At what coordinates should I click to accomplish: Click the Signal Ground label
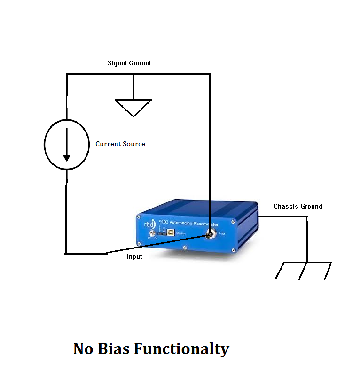(x=129, y=63)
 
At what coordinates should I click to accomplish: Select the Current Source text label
(x=120, y=144)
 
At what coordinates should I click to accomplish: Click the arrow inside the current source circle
(x=67, y=144)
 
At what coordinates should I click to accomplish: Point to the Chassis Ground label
(x=298, y=206)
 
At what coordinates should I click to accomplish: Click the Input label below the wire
(x=134, y=257)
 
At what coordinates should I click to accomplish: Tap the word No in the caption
(x=84, y=349)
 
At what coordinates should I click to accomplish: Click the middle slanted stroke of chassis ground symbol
(x=303, y=271)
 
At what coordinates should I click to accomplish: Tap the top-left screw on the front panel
(x=139, y=217)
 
